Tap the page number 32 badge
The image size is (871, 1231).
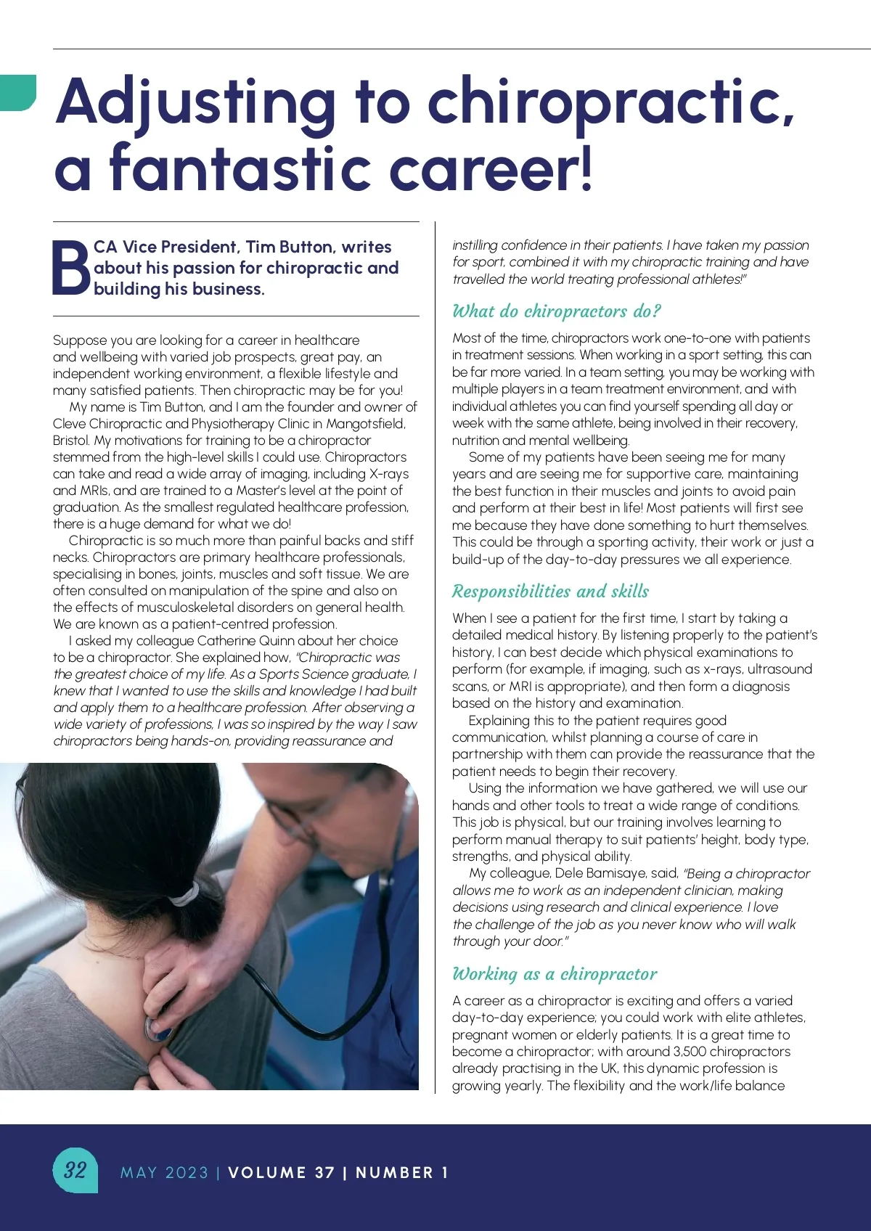pos(75,1169)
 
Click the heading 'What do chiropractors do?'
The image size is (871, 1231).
pos(557,311)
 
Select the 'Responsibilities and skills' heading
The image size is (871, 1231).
pos(550,592)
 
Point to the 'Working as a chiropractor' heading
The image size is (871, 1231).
pos(555,974)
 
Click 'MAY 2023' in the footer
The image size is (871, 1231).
pos(164,1172)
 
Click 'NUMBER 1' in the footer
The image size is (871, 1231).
pos(402,1172)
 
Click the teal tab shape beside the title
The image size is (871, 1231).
pos(17,92)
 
